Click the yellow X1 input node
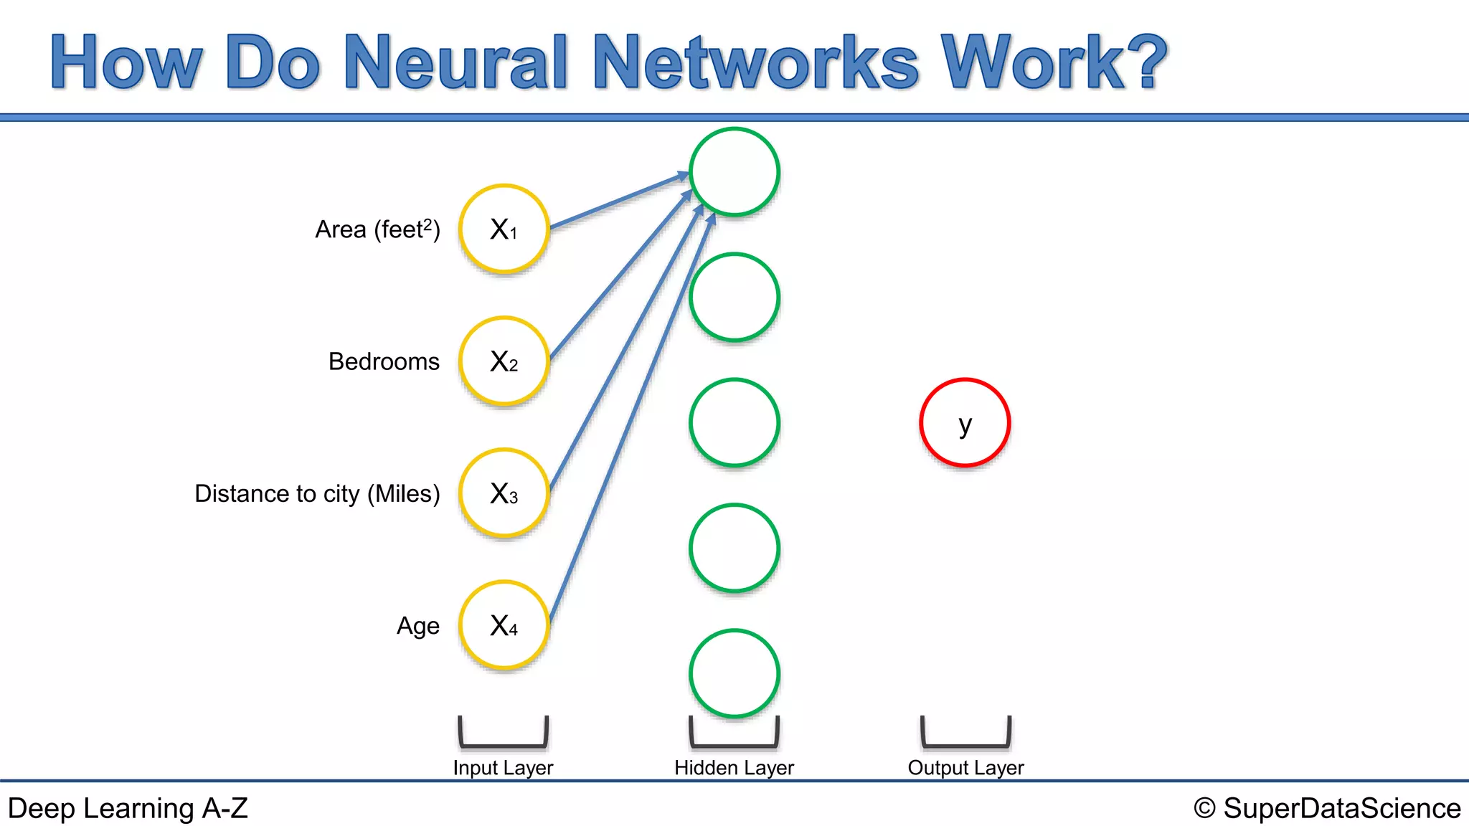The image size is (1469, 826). coord(504,229)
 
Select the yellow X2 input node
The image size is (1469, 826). coord(504,361)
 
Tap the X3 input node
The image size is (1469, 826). coord(504,493)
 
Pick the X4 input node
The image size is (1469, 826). coord(504,625)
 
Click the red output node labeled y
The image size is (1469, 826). coord(965,423)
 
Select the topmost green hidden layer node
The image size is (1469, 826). coord(734,172)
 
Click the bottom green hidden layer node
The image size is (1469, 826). coord(734,673)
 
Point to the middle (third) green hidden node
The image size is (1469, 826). coord(734,423)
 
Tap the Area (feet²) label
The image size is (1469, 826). coord(377,229)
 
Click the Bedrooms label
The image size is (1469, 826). coord(384,361)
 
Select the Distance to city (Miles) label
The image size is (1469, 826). coord(317,493)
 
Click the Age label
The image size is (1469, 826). coord(418,626)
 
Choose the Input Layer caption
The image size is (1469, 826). coord(503,768)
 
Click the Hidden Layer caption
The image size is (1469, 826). coord(734,768)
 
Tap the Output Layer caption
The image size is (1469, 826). coord(965,768)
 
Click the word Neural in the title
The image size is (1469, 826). coord(456,62)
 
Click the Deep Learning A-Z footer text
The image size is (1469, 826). coord(128,808)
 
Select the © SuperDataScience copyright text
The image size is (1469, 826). coord(1327,808)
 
